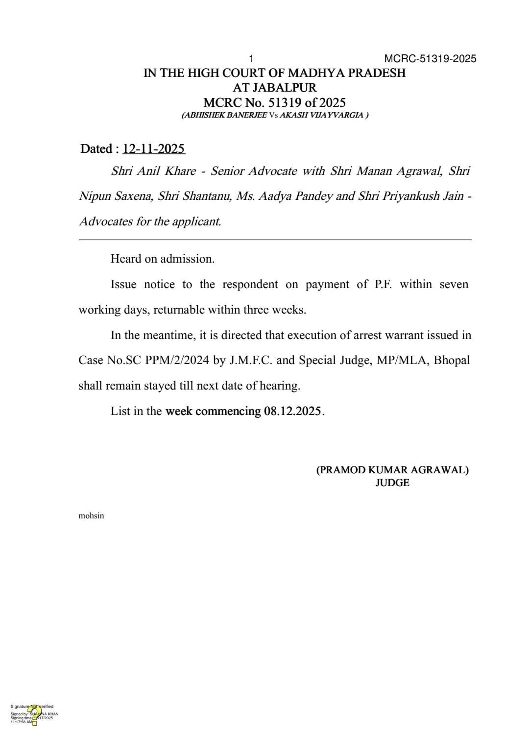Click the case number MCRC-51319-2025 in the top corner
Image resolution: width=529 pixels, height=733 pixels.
coord(430,59)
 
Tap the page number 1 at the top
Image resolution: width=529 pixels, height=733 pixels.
coord(251,59)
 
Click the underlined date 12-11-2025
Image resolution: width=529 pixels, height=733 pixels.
coord(153,148)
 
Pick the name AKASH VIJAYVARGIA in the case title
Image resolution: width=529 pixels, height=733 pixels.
coord(321,115)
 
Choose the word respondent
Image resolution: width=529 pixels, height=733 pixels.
coord(250,285)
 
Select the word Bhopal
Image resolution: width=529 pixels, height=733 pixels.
coord(452,360)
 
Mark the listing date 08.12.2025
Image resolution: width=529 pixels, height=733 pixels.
coord(292,411)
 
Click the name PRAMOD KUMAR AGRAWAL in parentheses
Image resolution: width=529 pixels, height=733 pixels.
coord(392,470)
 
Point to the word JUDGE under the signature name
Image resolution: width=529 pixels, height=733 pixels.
coord(392,483)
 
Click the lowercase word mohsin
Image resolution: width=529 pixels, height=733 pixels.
coord(91,515)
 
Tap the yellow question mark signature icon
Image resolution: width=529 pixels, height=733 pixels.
coord(34,715)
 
